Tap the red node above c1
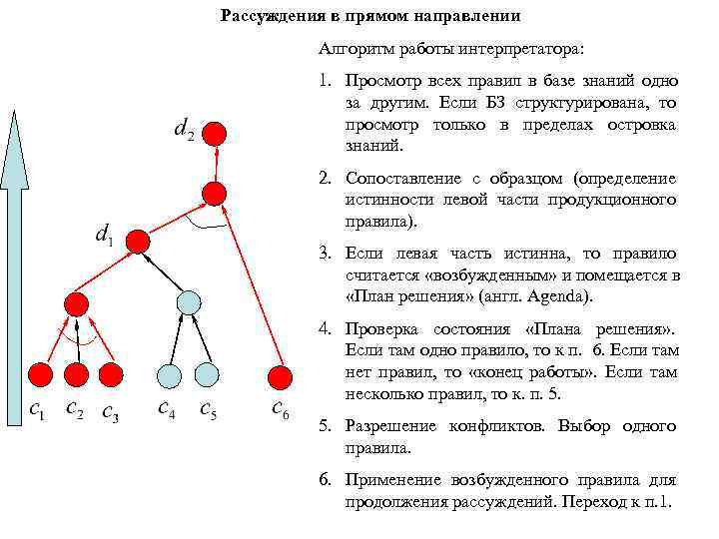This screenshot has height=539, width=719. pos(39,374)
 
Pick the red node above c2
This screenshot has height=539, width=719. pos(76,374)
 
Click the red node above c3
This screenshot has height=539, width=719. pos(111,374)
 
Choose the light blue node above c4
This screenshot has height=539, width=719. pos(170,374)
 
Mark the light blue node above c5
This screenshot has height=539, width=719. pos(206,374)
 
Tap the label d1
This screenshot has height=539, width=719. pos(102,236)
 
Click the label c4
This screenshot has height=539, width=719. pos(168,408)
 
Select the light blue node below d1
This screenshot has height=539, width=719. pos(189,300)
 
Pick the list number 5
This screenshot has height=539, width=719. pos(325,425)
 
